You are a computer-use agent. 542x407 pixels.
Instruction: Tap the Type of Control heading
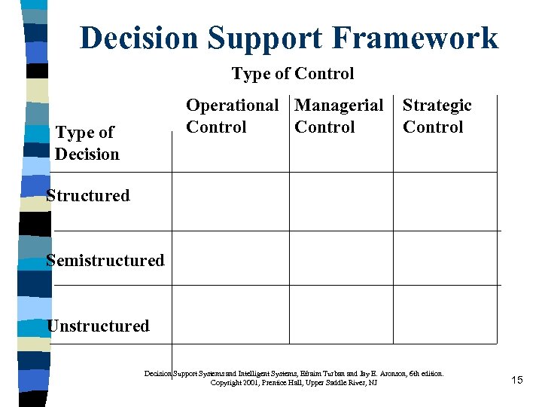pyautogui.click(x=292, y=73)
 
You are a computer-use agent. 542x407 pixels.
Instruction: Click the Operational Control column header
pyautogui.click(x=231, y=116)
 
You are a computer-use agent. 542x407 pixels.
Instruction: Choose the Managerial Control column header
pyautogui.click(x=339, y=116)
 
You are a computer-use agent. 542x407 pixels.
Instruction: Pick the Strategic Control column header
pyautogui.click(x=437, y=116)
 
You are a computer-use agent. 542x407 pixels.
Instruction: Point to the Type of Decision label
pyautogui.click(x=87, y=143)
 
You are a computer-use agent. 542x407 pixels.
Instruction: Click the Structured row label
pyautogui.click(x=87, y=196)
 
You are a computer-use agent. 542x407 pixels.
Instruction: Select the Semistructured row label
pyautogui.click(x=105, y=261)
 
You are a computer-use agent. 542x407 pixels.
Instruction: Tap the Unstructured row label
pyautogui.click(x=98, y=326)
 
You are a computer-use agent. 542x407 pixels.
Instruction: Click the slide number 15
pyautogui.click(x=516, y=380)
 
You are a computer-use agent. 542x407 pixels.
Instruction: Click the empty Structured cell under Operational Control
pyautogui.click(x=231, y=201)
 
